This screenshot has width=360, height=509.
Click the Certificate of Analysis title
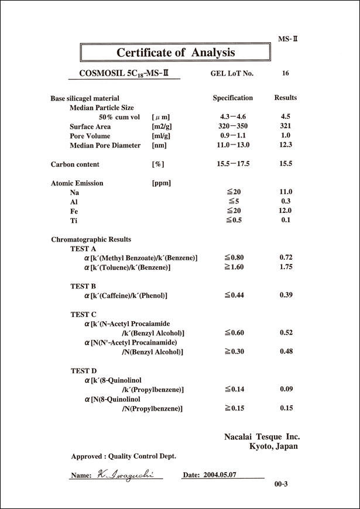176,52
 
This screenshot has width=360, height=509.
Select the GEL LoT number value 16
285,74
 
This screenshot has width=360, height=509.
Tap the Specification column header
232,98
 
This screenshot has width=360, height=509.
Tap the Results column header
286,98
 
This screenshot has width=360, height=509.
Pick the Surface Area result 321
286,126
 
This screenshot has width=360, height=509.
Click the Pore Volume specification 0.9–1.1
233,136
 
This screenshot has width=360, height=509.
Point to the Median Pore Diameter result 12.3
286,145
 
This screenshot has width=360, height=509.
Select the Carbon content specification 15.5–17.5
233,164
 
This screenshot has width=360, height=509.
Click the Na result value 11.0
286,192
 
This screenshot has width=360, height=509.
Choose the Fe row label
74,211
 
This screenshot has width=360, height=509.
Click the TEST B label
83,286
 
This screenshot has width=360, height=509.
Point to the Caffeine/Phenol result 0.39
286,295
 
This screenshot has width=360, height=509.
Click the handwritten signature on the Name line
125,474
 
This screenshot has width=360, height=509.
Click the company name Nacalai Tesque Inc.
262,436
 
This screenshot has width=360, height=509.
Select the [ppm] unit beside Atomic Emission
161,183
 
